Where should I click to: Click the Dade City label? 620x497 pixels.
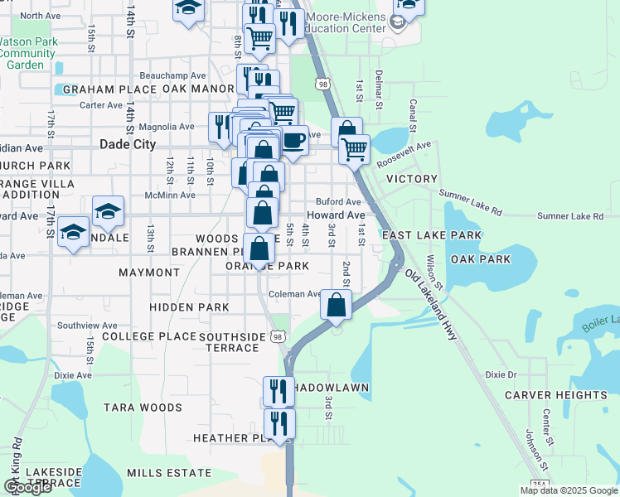[127, 143]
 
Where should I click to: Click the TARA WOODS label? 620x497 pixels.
[143, 408]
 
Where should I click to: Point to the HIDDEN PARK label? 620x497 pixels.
[189, 307]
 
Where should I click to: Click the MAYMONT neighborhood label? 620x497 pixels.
[149, 272]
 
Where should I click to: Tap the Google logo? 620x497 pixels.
[27, 487]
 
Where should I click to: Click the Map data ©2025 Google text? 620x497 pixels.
[569, 490]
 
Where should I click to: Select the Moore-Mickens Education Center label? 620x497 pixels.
[346, 22]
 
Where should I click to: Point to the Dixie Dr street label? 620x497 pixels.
[501, 374]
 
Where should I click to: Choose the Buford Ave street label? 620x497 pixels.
[338, 201]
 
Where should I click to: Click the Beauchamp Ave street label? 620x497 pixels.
[172, 75]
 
